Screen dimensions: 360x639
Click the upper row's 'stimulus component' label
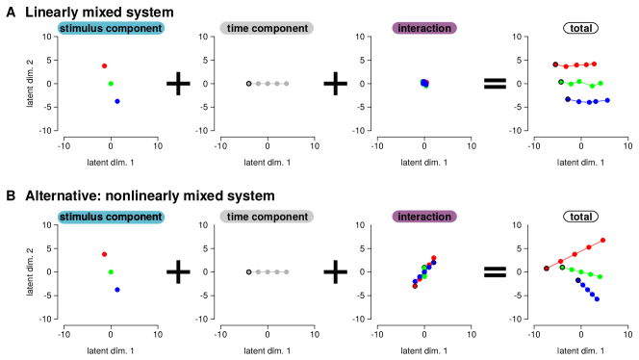pos(111,29)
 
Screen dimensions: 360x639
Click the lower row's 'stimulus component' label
pos(111,218)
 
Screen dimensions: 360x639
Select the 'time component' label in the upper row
pos(267,29)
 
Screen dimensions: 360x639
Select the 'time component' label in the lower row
pos(267,218)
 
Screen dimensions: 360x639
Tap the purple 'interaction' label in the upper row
pos(424,29)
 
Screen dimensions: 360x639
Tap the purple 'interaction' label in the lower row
pos(424,218)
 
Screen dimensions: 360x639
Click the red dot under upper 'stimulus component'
pos(105,66)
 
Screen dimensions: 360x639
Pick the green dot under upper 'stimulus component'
pos(111,84)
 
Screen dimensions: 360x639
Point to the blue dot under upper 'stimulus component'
pos(117,101)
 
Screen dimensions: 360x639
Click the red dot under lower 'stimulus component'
pos(105,254)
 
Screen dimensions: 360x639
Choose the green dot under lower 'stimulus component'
pos(111,271)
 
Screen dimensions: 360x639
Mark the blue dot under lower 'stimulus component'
pos(117,289)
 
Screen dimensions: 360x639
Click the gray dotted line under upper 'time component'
pos(268,84)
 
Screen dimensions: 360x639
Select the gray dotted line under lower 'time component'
pos(268,271)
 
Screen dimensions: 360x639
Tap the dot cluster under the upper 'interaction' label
pos(424,84)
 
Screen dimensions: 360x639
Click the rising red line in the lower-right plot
pos(575,254)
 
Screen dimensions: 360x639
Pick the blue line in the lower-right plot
pos(589,291)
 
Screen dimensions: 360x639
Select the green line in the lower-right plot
pos(581,272)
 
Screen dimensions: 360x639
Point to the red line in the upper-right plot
pos(575,65)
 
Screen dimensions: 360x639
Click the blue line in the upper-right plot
pos(588,101)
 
